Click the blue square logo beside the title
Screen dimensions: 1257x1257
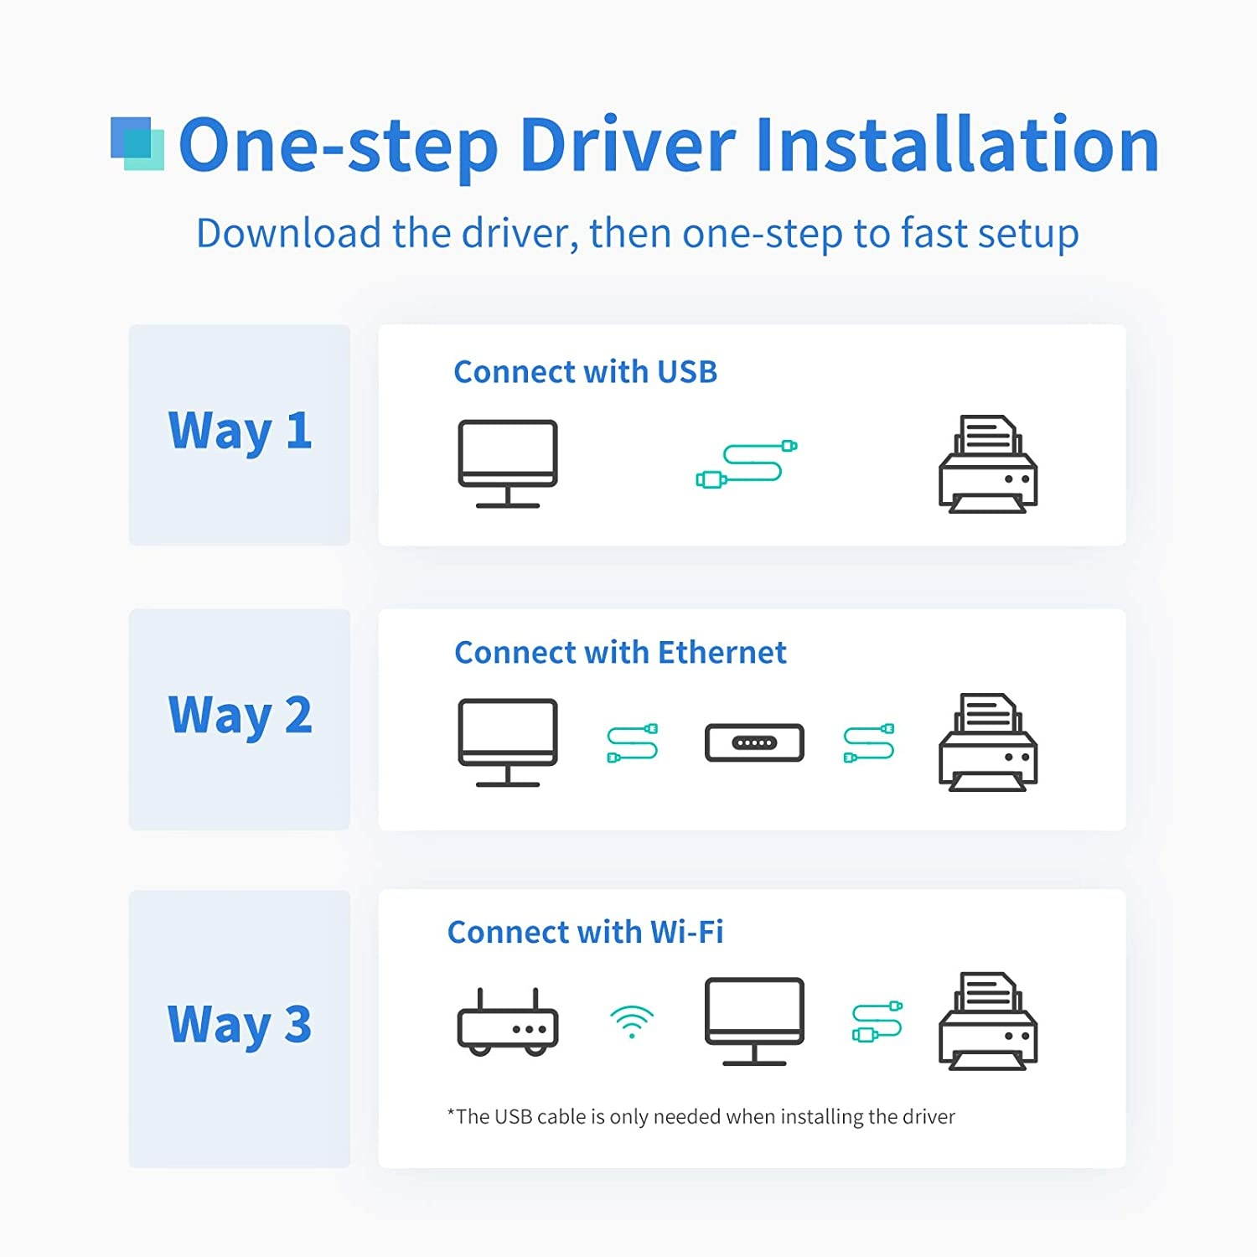click(137, 144)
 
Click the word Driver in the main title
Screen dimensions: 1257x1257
click(628, 145)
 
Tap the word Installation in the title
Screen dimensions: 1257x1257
click(957, 144)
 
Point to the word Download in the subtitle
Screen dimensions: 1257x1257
click(288, 233)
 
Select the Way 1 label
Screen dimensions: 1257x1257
click(241, 432)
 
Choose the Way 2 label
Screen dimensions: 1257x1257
click(241, 716)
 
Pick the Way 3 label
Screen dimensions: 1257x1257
click(240, 1025)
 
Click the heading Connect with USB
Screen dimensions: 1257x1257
click(586, 372)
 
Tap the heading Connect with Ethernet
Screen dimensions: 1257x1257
click(620, 653)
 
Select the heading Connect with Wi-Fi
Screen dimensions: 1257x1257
click(585, 933)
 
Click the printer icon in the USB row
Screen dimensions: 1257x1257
click(988, 464)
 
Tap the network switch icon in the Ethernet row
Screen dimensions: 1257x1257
click(754, 742)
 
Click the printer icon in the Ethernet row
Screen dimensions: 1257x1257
click(988, 742)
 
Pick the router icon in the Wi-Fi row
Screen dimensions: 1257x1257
click(508, 1022)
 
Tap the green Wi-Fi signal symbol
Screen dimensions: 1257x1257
click(632, 1022)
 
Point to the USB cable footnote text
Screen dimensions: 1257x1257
click(701, 1117)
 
